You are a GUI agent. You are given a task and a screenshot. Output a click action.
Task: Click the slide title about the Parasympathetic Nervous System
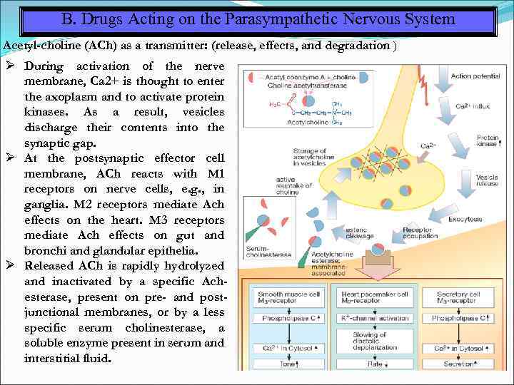click(258, 19)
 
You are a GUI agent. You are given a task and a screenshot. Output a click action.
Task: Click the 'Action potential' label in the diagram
click(475, 76)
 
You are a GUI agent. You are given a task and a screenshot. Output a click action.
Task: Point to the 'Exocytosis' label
click(465, 218)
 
